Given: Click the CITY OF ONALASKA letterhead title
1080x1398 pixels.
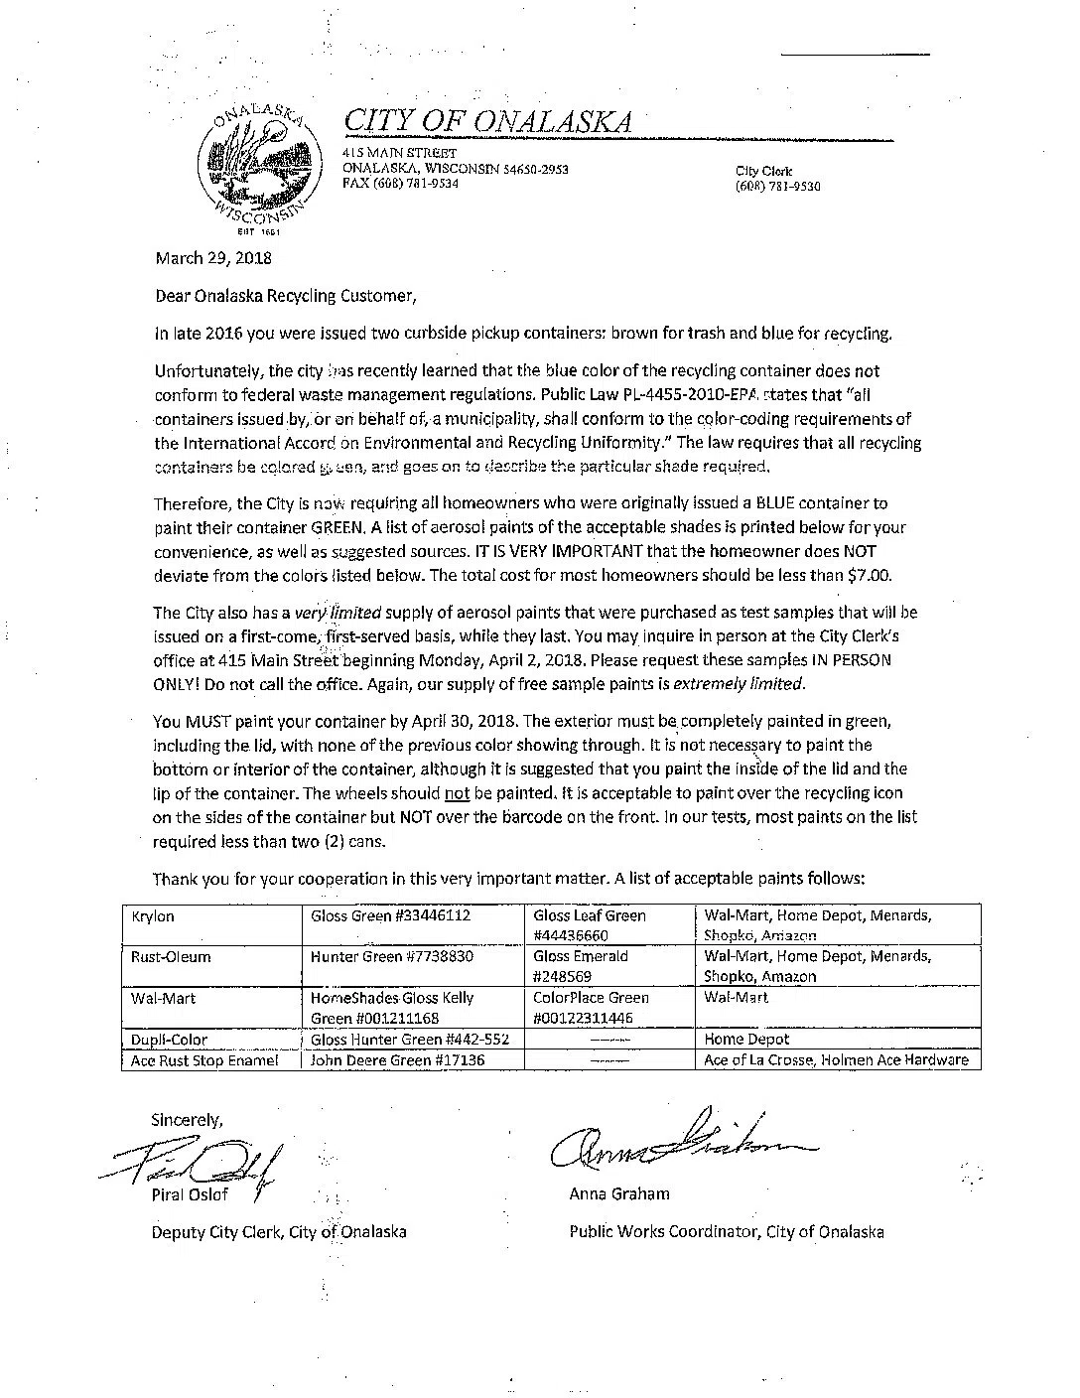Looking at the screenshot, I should point(486,121).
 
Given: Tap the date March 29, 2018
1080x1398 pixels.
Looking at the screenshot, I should point(212,258).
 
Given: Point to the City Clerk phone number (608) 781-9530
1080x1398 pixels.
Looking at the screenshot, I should point(777,187).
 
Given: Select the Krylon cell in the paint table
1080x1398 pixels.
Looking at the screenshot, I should point(153,916).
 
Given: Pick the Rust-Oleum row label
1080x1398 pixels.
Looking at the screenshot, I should point(171,957).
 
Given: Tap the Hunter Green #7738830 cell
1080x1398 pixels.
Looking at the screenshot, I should point(392,957).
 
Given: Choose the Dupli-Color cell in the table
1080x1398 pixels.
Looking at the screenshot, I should point(169,1040).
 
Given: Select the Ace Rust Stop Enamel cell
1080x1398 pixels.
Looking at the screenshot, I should point(204,1060).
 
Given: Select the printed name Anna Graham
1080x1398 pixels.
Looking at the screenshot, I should point(618,1194).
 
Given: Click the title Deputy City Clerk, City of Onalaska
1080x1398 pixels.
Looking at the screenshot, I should point(278,1232).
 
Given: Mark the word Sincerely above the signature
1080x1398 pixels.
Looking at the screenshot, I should point(187,1120).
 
